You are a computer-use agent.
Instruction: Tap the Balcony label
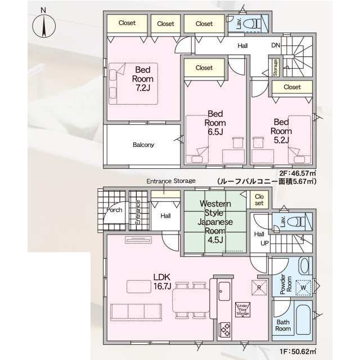tap(143, 145)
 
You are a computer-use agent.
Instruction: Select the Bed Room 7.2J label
tap(142, 79)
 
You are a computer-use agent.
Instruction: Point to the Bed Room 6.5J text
tap(215, 123)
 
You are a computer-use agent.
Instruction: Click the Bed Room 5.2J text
tap(281, 131)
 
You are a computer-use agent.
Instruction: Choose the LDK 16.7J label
tap(162, 281)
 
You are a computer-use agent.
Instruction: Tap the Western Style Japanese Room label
tap(215, 222)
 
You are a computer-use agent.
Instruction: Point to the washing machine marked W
tap(303, 287)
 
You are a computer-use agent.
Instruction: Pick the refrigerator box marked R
tap(259, 287)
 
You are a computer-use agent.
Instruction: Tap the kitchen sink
tap(224, 291)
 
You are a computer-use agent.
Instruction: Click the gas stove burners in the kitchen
tap(225, 330)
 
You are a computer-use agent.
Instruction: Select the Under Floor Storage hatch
tap(242, 310)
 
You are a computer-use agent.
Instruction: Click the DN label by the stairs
tap(276, 46)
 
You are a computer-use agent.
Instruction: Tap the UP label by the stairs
tap(264, 243)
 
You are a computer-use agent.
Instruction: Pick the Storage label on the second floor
tap(275, 67)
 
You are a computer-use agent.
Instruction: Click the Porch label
tap(114, 210)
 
